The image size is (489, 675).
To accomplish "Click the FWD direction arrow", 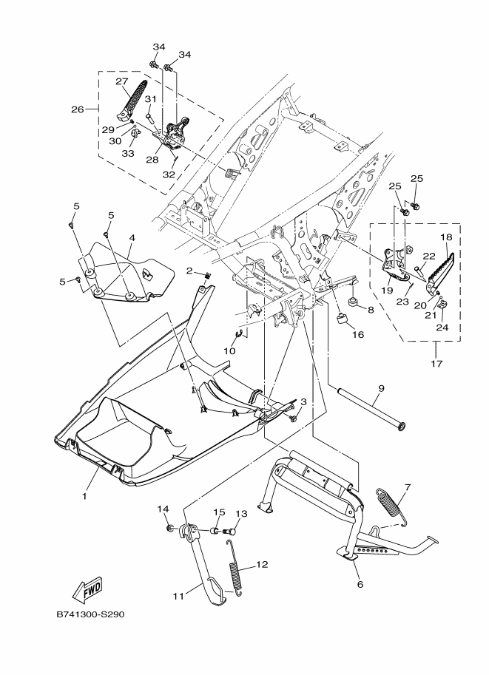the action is (x=88, y=587).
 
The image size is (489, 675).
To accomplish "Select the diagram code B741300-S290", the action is (x=90, y=614).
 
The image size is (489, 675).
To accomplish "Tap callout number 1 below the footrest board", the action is (x=84, y=496).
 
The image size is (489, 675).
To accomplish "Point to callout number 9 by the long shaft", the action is (x=381, y=388).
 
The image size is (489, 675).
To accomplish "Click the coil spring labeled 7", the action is (x=392, y=506).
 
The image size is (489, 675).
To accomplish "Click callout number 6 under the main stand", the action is (x=360, y=584).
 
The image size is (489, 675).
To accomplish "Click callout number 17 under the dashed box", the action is (x=436, y=364).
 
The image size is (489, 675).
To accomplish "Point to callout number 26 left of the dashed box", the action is (x=78, y=109).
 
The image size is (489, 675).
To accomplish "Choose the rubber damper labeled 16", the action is (x=342, y=319).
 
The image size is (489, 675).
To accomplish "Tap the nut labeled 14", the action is (x=170, y=528).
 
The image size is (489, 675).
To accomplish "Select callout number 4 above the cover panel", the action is (x=132, y=237).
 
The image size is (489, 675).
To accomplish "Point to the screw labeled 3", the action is (x=294, y=418).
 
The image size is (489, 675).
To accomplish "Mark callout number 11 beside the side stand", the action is (x=178, y=596).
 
